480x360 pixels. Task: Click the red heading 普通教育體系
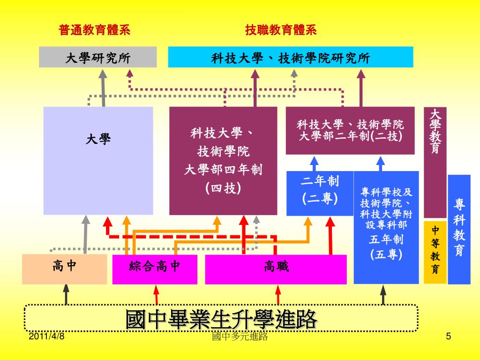click(94, 31)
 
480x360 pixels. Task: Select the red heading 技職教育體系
click(281, 31)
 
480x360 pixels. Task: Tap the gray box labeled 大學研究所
click(97, 58)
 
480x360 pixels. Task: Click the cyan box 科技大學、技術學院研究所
click(291, 58)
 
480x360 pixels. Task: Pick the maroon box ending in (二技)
click(350, 130)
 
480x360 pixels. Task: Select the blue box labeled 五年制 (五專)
click(386, 227)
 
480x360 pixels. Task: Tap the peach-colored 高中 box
click(64, 269)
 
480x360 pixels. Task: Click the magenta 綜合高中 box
click(155, 269)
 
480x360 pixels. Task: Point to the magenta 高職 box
click(276, 269)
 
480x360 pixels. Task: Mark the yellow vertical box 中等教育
click(435, 251)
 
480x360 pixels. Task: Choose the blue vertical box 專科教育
click(459, 229)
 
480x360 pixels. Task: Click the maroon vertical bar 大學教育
click(435, 162)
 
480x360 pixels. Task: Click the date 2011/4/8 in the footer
click(46, 337)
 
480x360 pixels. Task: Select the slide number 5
click(448, 337)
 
